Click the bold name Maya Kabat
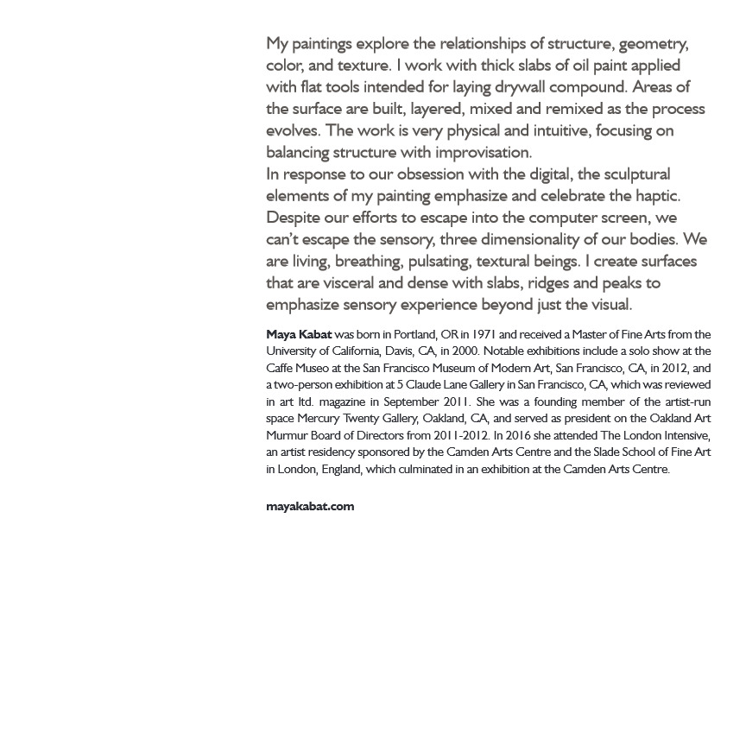(x=299, y=334)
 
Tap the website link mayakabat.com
(x=310, y=507)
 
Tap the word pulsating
(x=439, y=261)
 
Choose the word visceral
(x=357, y=282)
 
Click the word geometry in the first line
(x=654, y=43)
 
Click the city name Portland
(x=414, y=334)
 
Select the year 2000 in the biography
(x=465, y=351)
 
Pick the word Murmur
(x=286, y=435)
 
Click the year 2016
(x=518, y=435)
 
